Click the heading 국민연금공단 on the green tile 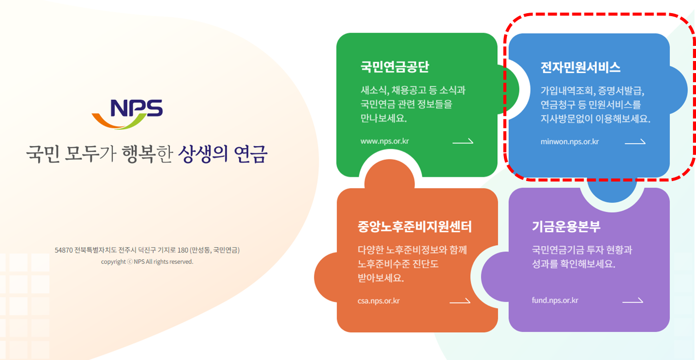click(395, 67)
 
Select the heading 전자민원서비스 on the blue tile click(580, 68)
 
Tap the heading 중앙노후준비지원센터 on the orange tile click(414, 227)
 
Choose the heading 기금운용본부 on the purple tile click(566, 226)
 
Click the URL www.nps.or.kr click(384, 141)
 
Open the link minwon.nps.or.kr click(569, 142)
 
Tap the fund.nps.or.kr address click(555, 301)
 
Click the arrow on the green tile click(462, 142)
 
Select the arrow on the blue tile click(634, 142)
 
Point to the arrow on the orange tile click(459, 301)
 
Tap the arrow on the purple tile click(632, 301)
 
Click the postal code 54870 click(64, 250)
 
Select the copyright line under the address click(147, 262)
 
